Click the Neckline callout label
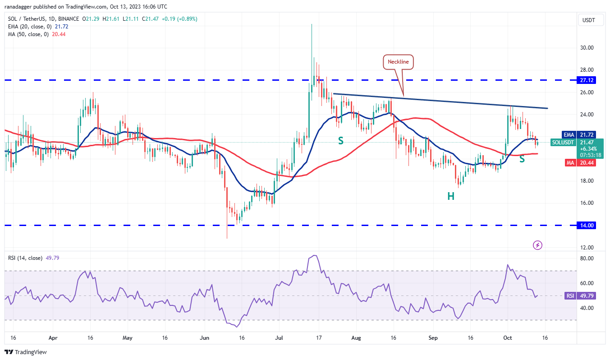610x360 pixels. (x=399, y=62)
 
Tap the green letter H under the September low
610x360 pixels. (x=450, y=196)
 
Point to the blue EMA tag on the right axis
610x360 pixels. (x=568, y=134)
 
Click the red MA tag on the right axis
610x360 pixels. (x=568, y=162)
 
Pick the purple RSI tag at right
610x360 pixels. (x=569, y=296)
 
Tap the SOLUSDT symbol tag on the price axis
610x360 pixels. (x=563, y=142)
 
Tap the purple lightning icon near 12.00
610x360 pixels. (x=537, y=245)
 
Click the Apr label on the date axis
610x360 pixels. (x=53, y=337)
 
